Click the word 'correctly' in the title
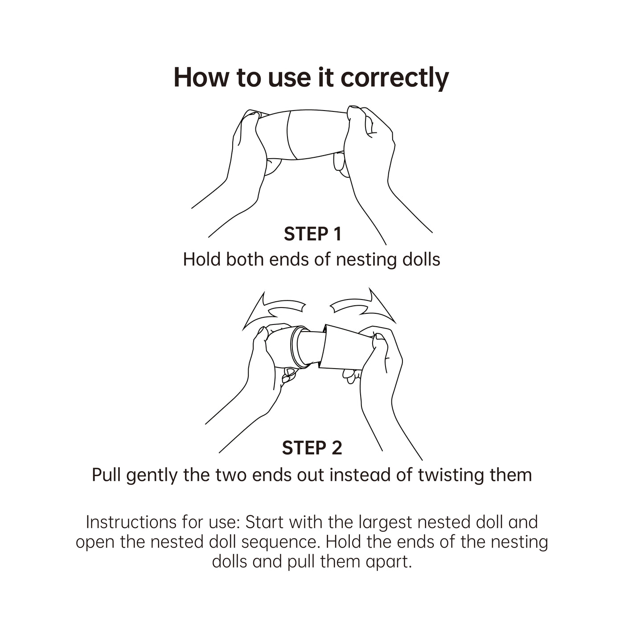click(395, 79)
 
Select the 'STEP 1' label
click(312, 234)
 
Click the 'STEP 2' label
click(312, 448)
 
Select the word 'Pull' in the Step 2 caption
click(106, 475)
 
